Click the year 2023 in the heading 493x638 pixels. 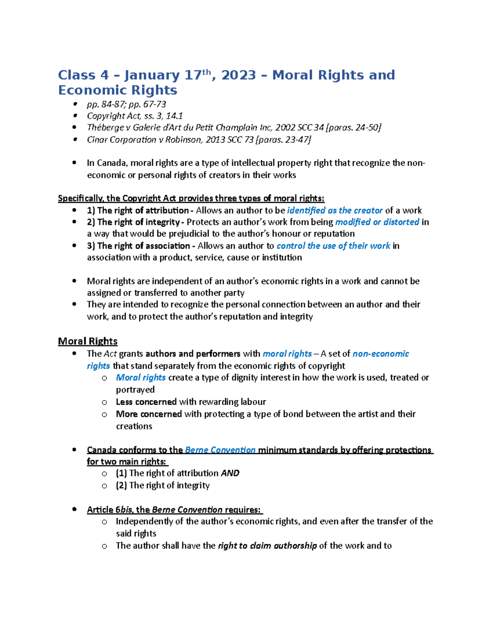[x=238, y=75]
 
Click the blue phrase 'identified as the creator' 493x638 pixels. [x=335, y=210]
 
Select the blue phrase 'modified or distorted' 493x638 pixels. [x=377, y=222]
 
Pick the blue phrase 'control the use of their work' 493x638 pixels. [x=333, y=246]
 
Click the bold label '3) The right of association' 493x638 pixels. [x=138, y=246]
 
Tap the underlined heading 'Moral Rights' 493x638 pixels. [x=88, y=341]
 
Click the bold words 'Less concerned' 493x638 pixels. [x=146, y=402]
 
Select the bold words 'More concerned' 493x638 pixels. [x=148, y=414]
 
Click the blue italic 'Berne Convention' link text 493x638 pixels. [x=220, y=450]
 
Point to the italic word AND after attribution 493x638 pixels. [x=230, y=473]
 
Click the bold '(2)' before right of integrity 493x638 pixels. [x=121, y=486]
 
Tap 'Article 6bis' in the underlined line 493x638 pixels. [x=110, y=510]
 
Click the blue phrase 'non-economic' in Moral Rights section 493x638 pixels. [x=381, y=354]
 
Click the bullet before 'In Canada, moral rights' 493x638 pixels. [x=74, y=163]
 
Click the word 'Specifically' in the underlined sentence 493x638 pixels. [x=80, y=198]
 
